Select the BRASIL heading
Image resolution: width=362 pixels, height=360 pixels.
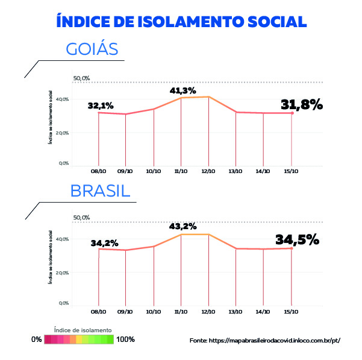pos(100,191)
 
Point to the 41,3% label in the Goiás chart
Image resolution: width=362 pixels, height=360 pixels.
pos(183,90)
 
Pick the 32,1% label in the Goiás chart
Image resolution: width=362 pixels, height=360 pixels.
pos(101,105)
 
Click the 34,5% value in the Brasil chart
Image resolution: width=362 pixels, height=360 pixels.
pos(297,239)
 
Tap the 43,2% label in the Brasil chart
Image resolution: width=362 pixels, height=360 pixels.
pos(183,226)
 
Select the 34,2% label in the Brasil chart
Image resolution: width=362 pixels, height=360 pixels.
pos(104,243)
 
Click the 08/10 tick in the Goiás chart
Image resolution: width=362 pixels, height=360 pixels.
pos(98,171)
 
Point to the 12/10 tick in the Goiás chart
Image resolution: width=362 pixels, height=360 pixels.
pos(208,171)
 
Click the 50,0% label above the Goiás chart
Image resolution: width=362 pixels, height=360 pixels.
pos(81,78)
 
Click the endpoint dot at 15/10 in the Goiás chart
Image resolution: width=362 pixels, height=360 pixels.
pos(292,113)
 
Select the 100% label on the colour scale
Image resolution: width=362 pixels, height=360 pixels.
pos(125,339)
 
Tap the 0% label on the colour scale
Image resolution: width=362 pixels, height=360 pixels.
pos(37,339)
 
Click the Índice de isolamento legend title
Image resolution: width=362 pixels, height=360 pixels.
pos(83,330)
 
